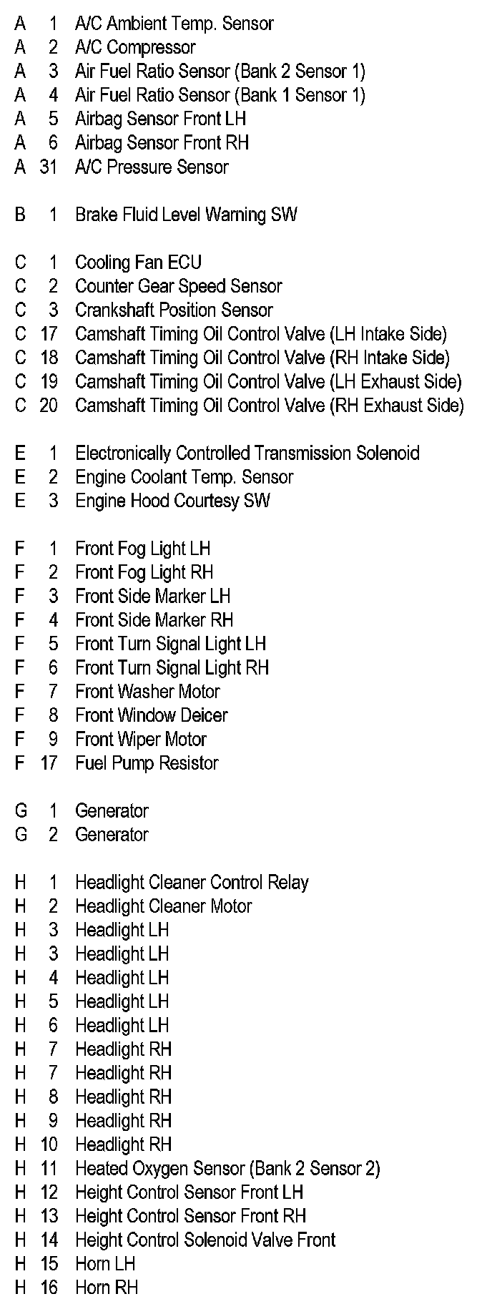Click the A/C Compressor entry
(134, 48)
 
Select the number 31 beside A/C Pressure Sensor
(48, 167)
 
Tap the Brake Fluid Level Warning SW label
(185, 215)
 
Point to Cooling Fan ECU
(138, 263)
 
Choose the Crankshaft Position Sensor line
(173, 310)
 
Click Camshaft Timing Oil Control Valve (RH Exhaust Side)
(269, 406)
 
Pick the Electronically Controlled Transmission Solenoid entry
(247, 454)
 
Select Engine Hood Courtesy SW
(172, 501)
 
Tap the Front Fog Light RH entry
(144, 572)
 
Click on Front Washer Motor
(147, 692)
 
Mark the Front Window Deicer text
(151, 715)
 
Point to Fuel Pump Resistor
(146, 763)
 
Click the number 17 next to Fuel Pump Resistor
(48, 763)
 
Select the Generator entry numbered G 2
(112, 835)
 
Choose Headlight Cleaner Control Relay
(192, 883)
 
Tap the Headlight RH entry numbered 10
(123, 1144)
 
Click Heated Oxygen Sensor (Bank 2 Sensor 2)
(227, 1169)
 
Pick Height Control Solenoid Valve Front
(205, 1240)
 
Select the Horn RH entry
(107, 1288)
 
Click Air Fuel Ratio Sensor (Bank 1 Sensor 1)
(220, 95)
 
